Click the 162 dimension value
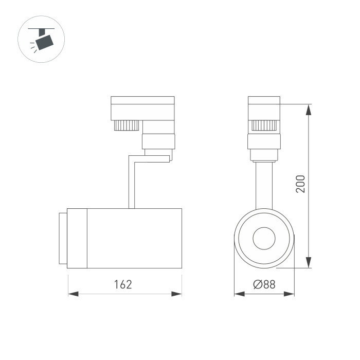(123, 284)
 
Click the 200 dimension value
(301, 184)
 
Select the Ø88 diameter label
(264, 284)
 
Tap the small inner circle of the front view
(264, 238)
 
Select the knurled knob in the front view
(264, 125)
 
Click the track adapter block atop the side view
(142, 107)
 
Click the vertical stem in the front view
(264, 185)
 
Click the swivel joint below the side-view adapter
(158, 140)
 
